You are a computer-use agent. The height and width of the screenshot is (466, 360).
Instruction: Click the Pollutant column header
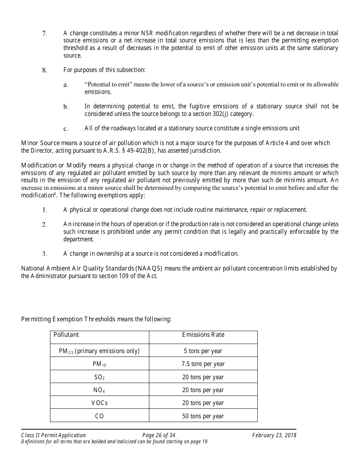pos(66,335)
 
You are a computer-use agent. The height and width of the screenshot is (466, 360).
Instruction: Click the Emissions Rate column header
pos(203,335)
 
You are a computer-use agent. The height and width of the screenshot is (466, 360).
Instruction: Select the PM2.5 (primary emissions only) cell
pos(99,351)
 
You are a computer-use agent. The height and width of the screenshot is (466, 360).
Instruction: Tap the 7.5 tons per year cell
pos(203,364)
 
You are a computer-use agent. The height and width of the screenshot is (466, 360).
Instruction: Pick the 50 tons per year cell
pos(203,416)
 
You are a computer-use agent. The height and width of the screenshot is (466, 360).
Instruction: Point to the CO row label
pos(99,416)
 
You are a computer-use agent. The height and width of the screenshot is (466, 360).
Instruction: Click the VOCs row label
pos(99,403)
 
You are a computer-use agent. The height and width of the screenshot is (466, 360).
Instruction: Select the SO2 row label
pos(99,377)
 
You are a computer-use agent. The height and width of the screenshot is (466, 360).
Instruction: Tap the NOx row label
pos(99,390)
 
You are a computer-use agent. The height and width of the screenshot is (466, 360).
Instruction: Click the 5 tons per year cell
pos(203,351)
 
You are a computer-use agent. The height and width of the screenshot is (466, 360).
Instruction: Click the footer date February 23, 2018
pos(274,435)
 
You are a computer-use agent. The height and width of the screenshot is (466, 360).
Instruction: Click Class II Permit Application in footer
pos(53,435)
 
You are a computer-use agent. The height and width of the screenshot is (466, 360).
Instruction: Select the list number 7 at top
pos(44,34)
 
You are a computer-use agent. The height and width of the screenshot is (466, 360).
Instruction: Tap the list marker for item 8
pos(44,70)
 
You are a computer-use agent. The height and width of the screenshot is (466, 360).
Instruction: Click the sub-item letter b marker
pos(66,107)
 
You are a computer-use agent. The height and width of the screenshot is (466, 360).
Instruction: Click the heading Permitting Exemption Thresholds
pos(68,319)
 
